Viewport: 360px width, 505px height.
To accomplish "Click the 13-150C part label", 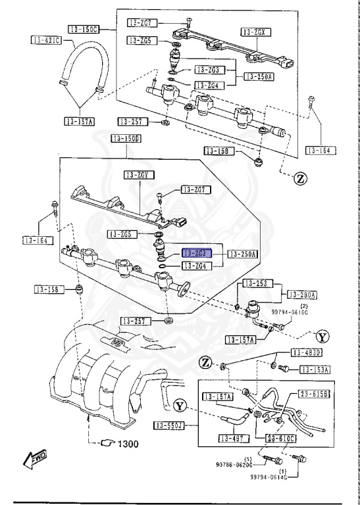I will (84, 29).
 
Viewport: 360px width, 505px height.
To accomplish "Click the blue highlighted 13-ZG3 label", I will (195, 253).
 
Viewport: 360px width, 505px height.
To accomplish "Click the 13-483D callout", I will (307, 353).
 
